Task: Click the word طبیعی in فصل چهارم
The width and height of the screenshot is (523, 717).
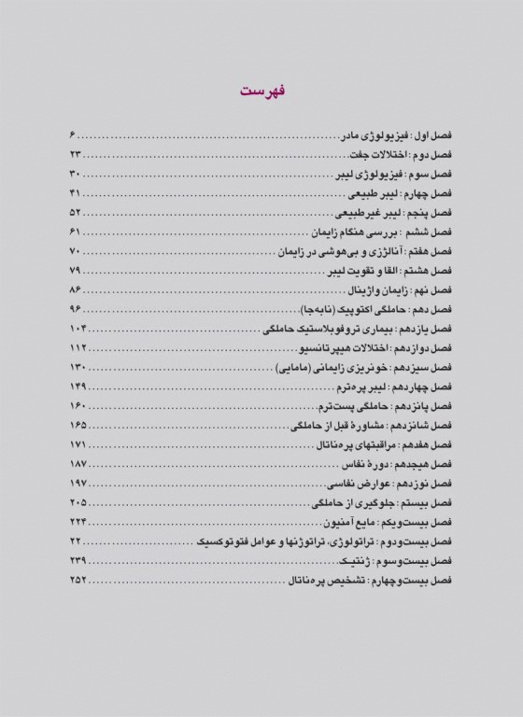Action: click(x=346, y=194)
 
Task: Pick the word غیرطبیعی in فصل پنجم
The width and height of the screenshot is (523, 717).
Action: click(x=341, y=214)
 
